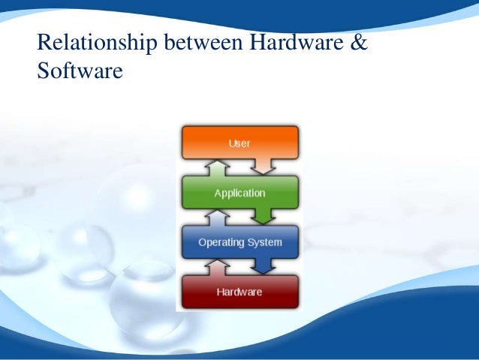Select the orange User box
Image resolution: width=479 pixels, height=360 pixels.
point(239,141)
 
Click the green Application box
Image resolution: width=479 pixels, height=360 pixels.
point(239,192)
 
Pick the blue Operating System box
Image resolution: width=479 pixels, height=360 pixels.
point(239,242)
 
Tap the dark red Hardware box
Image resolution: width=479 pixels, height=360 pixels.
point(239,292)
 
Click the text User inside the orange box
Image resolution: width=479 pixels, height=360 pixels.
point(239,142)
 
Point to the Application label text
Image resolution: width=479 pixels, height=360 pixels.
point(239,193)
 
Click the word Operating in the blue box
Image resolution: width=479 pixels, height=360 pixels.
point(221,243)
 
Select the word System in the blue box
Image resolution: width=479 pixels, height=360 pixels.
point(264,243)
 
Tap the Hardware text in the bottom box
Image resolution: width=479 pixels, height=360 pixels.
point(239,292)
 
